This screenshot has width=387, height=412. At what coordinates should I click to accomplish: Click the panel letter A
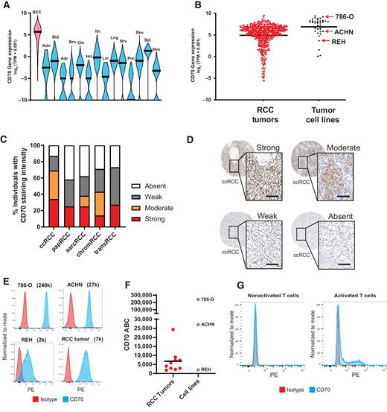[5, 6]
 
